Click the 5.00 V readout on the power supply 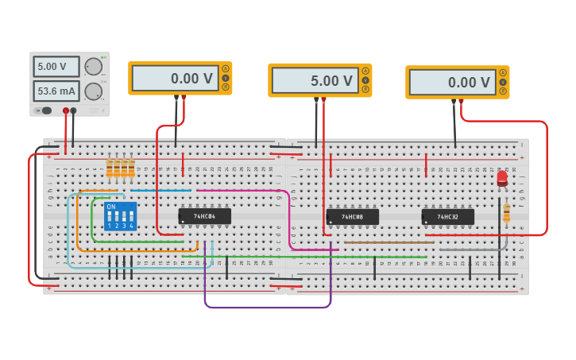(56, 67)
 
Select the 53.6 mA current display (56, 91)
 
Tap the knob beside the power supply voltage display (94, 67)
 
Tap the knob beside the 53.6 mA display (94, 91)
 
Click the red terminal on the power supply (66, 110)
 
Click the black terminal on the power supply (73, 110)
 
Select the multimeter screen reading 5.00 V (315, 81)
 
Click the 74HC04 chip (204, 216)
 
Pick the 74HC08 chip (352, 217)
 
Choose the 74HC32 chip (447, 217)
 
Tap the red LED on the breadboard (502, 179)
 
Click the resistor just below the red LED (506, 212)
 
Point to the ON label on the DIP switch (110, 207)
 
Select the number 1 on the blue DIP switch (110, 226)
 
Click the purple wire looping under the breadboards (268, 307)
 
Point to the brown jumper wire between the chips (389, 242)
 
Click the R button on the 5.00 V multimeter (365, 90)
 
